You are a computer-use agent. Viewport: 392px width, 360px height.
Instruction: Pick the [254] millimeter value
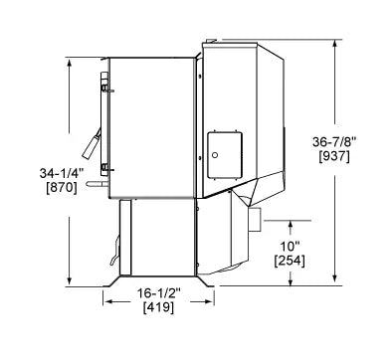[x=289, y=261]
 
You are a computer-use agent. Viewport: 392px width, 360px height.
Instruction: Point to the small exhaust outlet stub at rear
[x=254, y=217]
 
